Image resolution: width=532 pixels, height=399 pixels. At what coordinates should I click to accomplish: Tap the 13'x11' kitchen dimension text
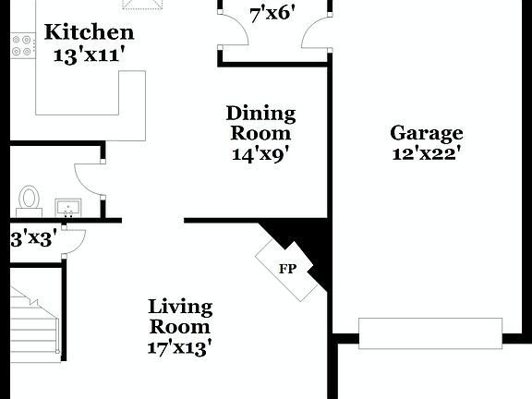pyautogui.click(x=89, y=54)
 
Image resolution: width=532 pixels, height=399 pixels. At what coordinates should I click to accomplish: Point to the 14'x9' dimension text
pyautogui.click(x=261, y=154)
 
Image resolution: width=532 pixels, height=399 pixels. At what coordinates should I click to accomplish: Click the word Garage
pyautogui.click(x=426, y=133)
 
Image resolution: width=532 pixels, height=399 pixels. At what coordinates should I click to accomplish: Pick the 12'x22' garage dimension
pyautogui.click(x=426, y=153)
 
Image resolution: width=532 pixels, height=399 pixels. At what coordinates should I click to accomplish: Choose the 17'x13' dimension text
pyautogui.click(x=180, y=347)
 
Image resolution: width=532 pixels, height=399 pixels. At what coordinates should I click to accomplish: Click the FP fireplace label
pyautogui.click(x=286, y=270)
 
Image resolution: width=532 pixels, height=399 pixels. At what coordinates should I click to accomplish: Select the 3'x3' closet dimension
pyautogui.click(x=33, y=238)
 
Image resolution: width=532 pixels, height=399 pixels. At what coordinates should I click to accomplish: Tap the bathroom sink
pyautogui.click(x=67, y=207)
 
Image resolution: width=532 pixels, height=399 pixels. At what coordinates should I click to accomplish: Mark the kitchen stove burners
pyautogui.click(x=21, y=45)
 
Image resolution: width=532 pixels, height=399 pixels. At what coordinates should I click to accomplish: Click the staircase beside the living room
pyautogui.click(x=34, y=322)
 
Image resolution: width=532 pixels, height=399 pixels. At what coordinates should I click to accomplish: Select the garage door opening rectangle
pyautogui.click(x=430, y=332)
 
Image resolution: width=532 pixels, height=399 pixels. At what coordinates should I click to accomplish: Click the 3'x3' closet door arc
pyautogui.click(x=72, y=241)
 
